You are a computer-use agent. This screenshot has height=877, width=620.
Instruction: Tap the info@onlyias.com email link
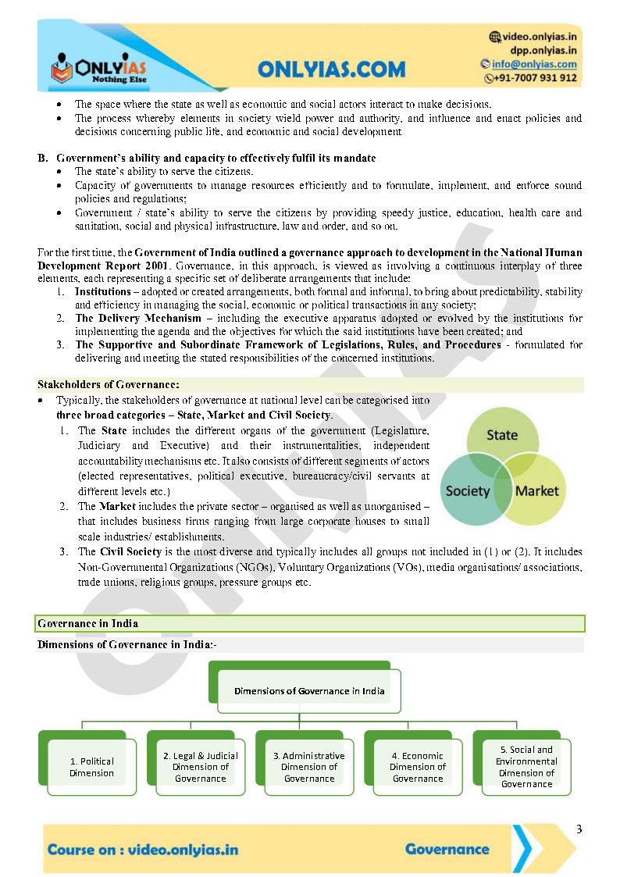point(534,64)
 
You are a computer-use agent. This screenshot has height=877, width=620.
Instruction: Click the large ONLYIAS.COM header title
point(332,70)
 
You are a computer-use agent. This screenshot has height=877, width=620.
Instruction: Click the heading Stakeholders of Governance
point(109,384)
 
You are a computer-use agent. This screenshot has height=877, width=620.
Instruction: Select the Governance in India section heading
point(87,623)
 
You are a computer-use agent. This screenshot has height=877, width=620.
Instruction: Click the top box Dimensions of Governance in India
point(309,690)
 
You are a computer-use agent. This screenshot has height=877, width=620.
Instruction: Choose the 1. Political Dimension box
point(91,767)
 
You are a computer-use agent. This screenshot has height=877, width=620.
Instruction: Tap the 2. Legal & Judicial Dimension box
point(201,767)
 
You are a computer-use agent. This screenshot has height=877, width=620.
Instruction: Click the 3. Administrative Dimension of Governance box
point(309,767)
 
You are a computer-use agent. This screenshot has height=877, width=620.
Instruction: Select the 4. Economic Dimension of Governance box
point(418,767)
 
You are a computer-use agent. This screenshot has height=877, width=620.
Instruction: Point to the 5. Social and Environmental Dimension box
point(526,766)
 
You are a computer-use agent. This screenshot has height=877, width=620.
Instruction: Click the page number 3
point(579,829)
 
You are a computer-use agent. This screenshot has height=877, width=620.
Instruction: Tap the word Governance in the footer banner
point(447,849)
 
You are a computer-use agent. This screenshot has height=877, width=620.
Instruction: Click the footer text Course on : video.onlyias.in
point(143,850)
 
